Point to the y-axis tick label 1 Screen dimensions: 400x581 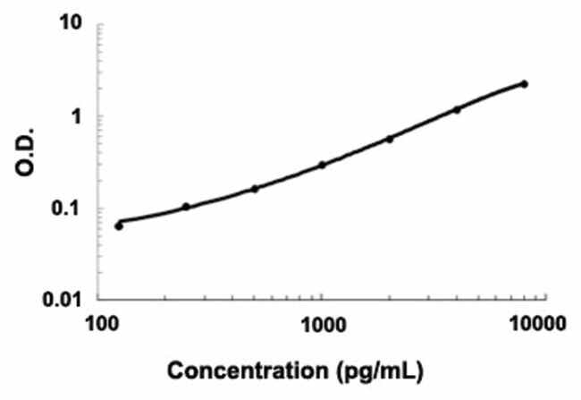click(x=77, y=116)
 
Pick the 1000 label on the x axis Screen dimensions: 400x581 click(x=322, y=322)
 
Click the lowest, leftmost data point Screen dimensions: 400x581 click(x=119, y=226)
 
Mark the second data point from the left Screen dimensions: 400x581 click(x=186, y=207)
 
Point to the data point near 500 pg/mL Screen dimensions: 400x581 click(x=255, y=188)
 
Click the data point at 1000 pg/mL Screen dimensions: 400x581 click(x=322, y=165)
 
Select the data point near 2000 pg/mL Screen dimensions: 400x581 click(x=390, y=139)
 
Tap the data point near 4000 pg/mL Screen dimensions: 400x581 click(x=457, y=109)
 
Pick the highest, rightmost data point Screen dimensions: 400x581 click(x=525, y=84)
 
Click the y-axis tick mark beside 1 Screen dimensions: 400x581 click(x=99, y=116)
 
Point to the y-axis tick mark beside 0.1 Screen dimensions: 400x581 click(x=99, y=209)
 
